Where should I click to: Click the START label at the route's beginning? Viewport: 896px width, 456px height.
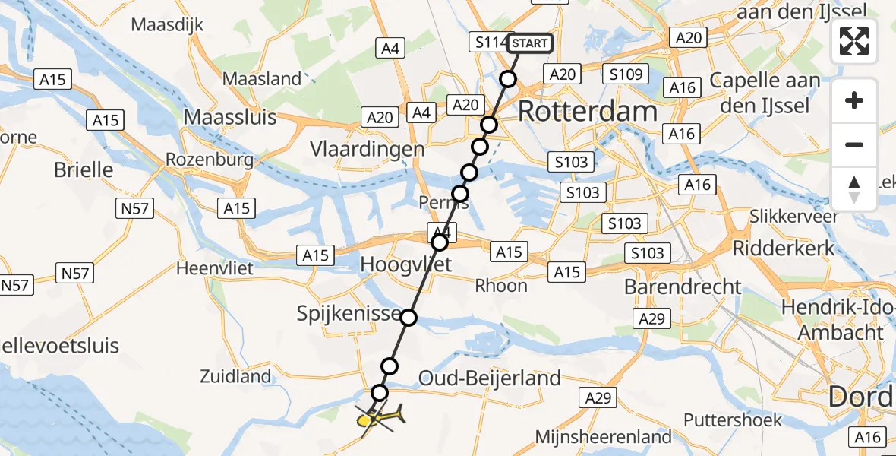529,43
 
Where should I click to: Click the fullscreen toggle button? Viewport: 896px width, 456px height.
854,41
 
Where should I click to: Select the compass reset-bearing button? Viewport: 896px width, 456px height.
854,189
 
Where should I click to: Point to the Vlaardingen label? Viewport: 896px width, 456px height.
367,149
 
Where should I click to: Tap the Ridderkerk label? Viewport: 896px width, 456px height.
783,248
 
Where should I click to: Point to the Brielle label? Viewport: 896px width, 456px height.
83,169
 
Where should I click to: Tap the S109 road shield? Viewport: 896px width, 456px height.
625,74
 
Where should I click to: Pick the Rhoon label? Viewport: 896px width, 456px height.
500,286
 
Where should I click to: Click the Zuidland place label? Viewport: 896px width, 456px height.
235,375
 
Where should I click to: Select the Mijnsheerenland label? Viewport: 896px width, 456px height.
604,436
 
